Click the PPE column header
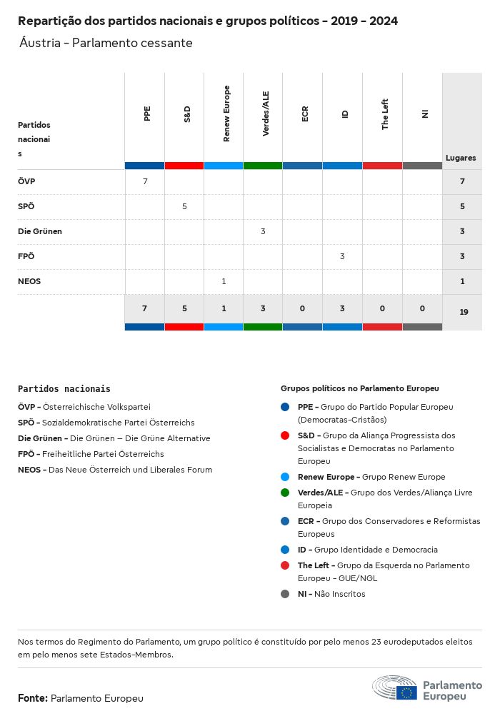[x=147, y=114]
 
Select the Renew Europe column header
[x=226, y=114]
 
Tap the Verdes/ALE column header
[x=266, y=114]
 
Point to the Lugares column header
[x=461, y=158]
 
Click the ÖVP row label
[x=26, y=181]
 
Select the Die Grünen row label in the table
[x=40, y=231]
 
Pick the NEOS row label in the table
[x=29, y=281]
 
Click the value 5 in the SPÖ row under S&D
[x=184, y=206]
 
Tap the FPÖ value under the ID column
[x=342, y=256]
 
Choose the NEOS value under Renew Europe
[x=224, y=281]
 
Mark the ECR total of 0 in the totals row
[x=303, y=308]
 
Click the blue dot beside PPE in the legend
[x=285, y=407]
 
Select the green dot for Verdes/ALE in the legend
[x=285, y=493]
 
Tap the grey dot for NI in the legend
[x=285, y=594]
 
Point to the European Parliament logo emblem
[x=394, y=688]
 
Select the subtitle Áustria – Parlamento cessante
[x=106, y=43]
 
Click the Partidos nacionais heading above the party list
[x=64, y=389]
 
